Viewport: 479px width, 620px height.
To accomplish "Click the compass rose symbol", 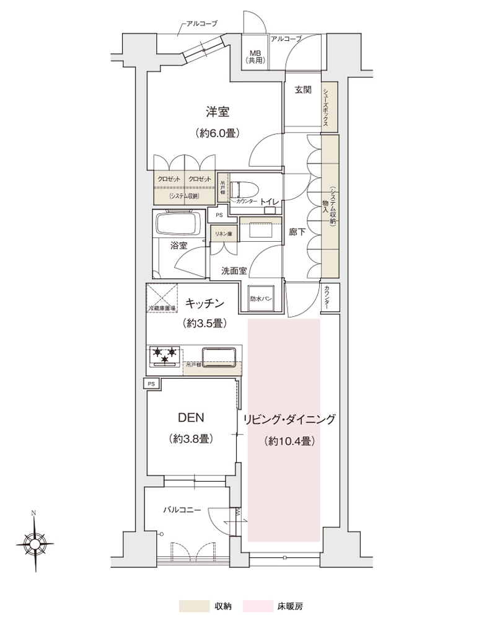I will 35,543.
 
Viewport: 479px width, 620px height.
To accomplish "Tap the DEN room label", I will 191,417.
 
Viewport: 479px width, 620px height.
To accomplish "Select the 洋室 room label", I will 218,112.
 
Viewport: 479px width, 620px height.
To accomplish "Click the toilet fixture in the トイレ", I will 245,190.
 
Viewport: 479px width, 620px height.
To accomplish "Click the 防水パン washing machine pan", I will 261,299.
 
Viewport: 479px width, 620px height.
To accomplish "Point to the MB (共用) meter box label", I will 257,57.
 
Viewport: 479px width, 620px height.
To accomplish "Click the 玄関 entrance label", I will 302,90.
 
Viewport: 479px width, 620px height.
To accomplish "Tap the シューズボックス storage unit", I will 329,106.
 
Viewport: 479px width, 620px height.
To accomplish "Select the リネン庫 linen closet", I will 222,234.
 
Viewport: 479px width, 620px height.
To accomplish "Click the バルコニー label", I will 182,510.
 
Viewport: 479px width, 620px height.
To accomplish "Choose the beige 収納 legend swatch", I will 193,606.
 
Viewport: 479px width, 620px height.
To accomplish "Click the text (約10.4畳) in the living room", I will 289,441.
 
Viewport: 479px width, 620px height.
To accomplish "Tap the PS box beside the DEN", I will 151,384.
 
